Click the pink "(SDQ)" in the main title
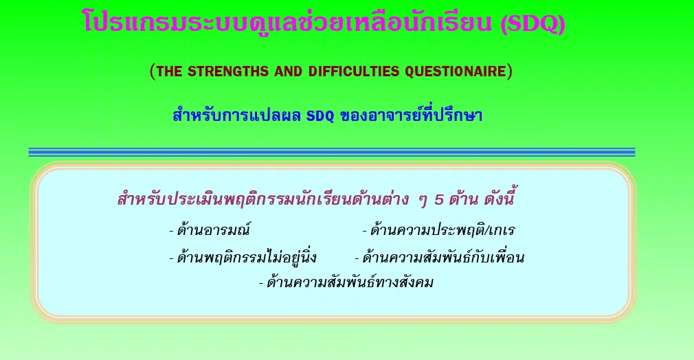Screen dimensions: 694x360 point(533,23)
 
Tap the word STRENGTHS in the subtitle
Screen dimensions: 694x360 point(228,71)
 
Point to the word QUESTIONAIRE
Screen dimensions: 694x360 point(456,71)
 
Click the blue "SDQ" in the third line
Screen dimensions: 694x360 point(320,116)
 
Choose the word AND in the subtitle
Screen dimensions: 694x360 point(288,71)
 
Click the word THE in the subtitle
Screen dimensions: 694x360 point(169,71)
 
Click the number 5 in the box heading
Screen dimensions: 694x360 point(438,200)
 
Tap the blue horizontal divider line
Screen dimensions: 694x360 point(331,152)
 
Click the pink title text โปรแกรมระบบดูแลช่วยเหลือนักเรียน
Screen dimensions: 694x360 point(287,22)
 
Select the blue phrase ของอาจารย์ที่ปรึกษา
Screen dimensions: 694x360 point(411,115)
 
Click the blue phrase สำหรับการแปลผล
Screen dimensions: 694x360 point(237,115)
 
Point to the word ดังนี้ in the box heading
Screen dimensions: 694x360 point(499,199)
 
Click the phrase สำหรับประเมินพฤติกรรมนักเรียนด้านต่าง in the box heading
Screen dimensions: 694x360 point(263,199)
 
